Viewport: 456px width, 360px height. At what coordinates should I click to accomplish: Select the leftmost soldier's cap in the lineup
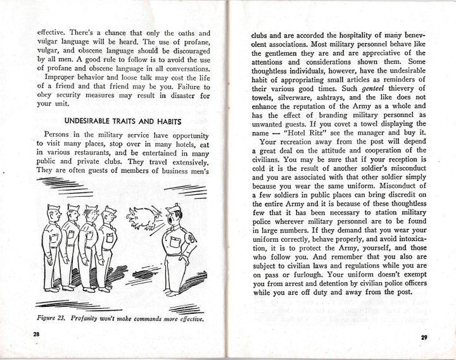pyautogui.click(x=53, y=209)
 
